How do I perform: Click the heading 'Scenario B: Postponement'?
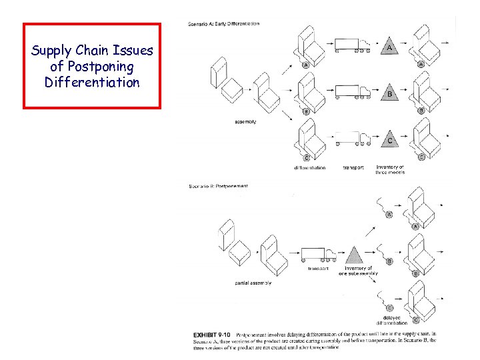[219, 186]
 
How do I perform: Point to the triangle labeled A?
[389, 47]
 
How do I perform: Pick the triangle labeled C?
[389, 140]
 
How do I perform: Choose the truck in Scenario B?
[319, 255]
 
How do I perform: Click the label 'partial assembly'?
[253, 283]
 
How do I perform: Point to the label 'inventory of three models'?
[391, 170]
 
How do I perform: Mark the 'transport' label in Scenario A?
[353, 168]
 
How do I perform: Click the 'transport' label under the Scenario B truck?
[318, 269]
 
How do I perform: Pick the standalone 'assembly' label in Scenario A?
[245, 122]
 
